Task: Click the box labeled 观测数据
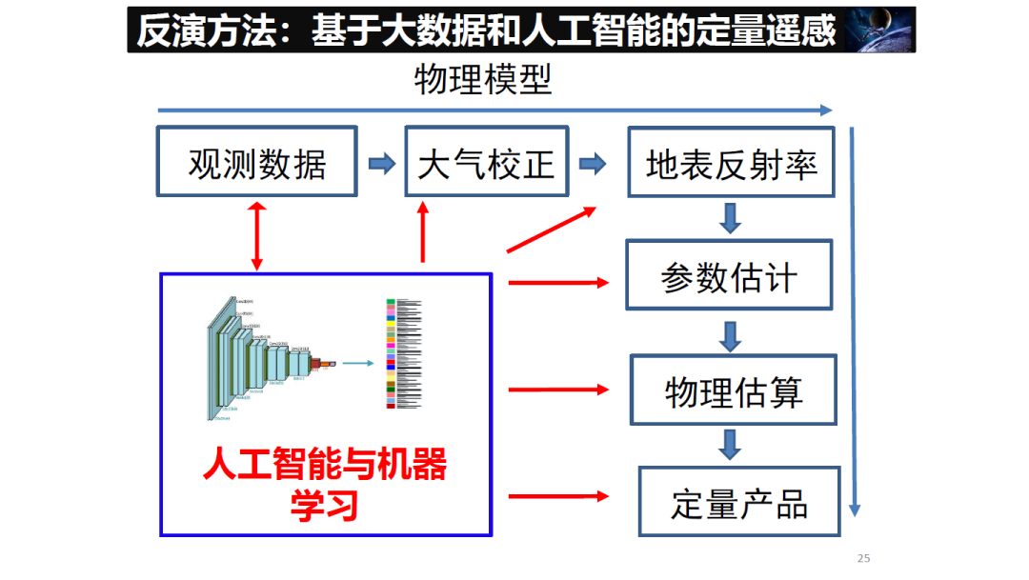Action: click(x=256, y=163)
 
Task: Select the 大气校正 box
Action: click(x=486, y=163)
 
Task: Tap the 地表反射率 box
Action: click(x=731, y=163)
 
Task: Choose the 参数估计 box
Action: click(x=729, y=276)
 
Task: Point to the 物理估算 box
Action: click(x=733, y=390)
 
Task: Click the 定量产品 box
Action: click(x=738, y=502)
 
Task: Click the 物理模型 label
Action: click(x=483, y=80)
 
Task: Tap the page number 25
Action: click(x=864, y=558)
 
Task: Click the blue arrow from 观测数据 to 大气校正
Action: click(x=381, y=164)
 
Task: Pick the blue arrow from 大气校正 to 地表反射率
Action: click(x=593, y=164)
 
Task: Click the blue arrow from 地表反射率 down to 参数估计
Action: click(x=731, y=218)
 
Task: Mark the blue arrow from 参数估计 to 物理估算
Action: click(x=731, y=335)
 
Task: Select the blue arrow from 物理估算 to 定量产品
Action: click(x=731, y=444)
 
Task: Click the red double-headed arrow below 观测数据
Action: click(x=256, y=234)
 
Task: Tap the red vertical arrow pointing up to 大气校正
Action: click(x=423, y=234)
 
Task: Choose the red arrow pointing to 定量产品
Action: click(x=558, y=495)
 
